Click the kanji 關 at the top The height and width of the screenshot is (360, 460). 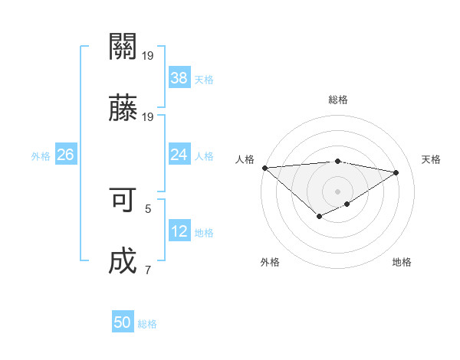click(123, 47)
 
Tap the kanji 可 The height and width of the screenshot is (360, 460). click(123, 200)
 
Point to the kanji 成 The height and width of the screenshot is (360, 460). click(123, 261)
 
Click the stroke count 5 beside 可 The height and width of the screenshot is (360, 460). click(148, 208)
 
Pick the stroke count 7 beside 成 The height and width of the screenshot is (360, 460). click(148, 270)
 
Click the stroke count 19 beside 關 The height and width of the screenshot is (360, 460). click(148, 55)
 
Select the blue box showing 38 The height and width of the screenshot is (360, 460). click(179, 77)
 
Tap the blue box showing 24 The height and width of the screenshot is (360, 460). click(179, 155)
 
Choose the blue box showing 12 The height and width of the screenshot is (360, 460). click(179, 231)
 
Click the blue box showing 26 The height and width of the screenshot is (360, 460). click(65, 155)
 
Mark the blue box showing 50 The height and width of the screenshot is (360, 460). click(123, 322)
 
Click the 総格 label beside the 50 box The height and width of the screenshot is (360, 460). click(148, 324)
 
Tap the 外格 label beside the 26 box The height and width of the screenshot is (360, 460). click(41, 156)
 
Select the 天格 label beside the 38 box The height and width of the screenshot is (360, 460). click(204, 79)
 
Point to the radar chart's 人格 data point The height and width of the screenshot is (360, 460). click(264, 168)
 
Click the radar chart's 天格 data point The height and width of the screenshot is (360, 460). click(396, 172)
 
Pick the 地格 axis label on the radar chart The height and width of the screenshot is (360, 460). click(402, 262)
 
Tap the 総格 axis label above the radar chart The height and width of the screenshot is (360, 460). click(337, 100)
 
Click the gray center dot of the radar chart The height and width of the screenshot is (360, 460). click(337, 191)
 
